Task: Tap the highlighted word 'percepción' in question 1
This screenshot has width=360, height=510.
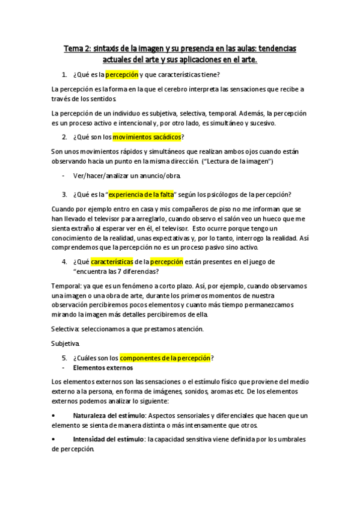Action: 122,75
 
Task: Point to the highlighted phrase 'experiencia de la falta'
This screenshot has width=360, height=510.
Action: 140,194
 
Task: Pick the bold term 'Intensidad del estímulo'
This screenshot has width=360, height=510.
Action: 109,440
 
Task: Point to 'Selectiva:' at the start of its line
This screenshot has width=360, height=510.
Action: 67,328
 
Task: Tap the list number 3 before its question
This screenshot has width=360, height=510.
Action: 64,194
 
